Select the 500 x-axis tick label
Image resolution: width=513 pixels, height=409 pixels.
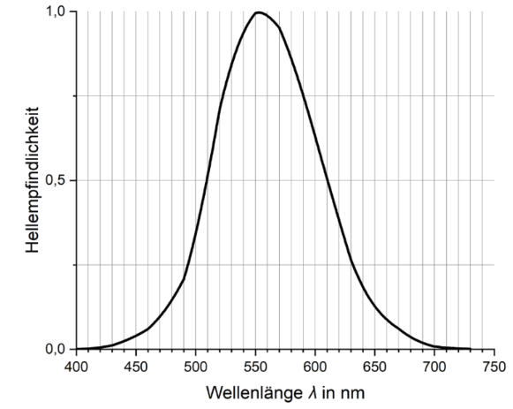point(195,366)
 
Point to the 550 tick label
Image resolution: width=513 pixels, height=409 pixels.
point(255,366)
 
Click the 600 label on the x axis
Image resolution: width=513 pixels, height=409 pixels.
point(314,366)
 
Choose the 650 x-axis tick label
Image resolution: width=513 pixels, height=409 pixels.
point(374,366)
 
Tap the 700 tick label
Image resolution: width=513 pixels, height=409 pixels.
point(434,366)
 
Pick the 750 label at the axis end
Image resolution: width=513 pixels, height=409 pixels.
point(493,366)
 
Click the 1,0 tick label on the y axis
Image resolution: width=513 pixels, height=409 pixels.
point(57,11)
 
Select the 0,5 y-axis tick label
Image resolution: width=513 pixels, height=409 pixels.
point(57,180)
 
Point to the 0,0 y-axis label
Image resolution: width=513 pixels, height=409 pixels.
point(57,349)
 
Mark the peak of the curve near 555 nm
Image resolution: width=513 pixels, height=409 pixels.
point(259,12)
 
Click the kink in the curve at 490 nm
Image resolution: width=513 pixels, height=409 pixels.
point(184,279)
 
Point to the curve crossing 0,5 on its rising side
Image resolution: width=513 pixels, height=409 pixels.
point(206,180)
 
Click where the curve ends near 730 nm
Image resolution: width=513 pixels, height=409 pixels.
point(469,349)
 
